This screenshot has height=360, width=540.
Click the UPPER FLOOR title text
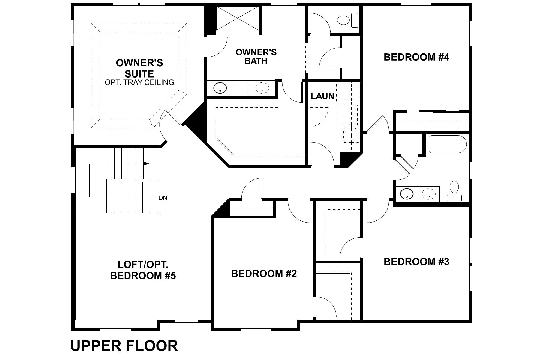tap(124, 346)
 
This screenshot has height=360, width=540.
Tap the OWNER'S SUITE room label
tap(139, 68)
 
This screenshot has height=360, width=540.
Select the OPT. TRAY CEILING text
tap(139, 82)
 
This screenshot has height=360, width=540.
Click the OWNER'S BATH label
tap(256, 57)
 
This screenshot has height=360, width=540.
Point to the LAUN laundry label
tap(322, 96)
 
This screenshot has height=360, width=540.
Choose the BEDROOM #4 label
tap(416, 57)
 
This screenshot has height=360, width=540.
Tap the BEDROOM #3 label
tap(416, 262)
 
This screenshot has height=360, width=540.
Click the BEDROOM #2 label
tap(264, 274)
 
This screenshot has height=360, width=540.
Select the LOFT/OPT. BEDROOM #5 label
tap(143, 270)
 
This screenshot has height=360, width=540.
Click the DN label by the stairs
tap(163, 198)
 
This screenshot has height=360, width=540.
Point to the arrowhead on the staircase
tap(146, 163)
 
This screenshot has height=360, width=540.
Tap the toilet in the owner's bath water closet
tap(344, 20)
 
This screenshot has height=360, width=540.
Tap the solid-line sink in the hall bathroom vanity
tap(406, 193)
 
